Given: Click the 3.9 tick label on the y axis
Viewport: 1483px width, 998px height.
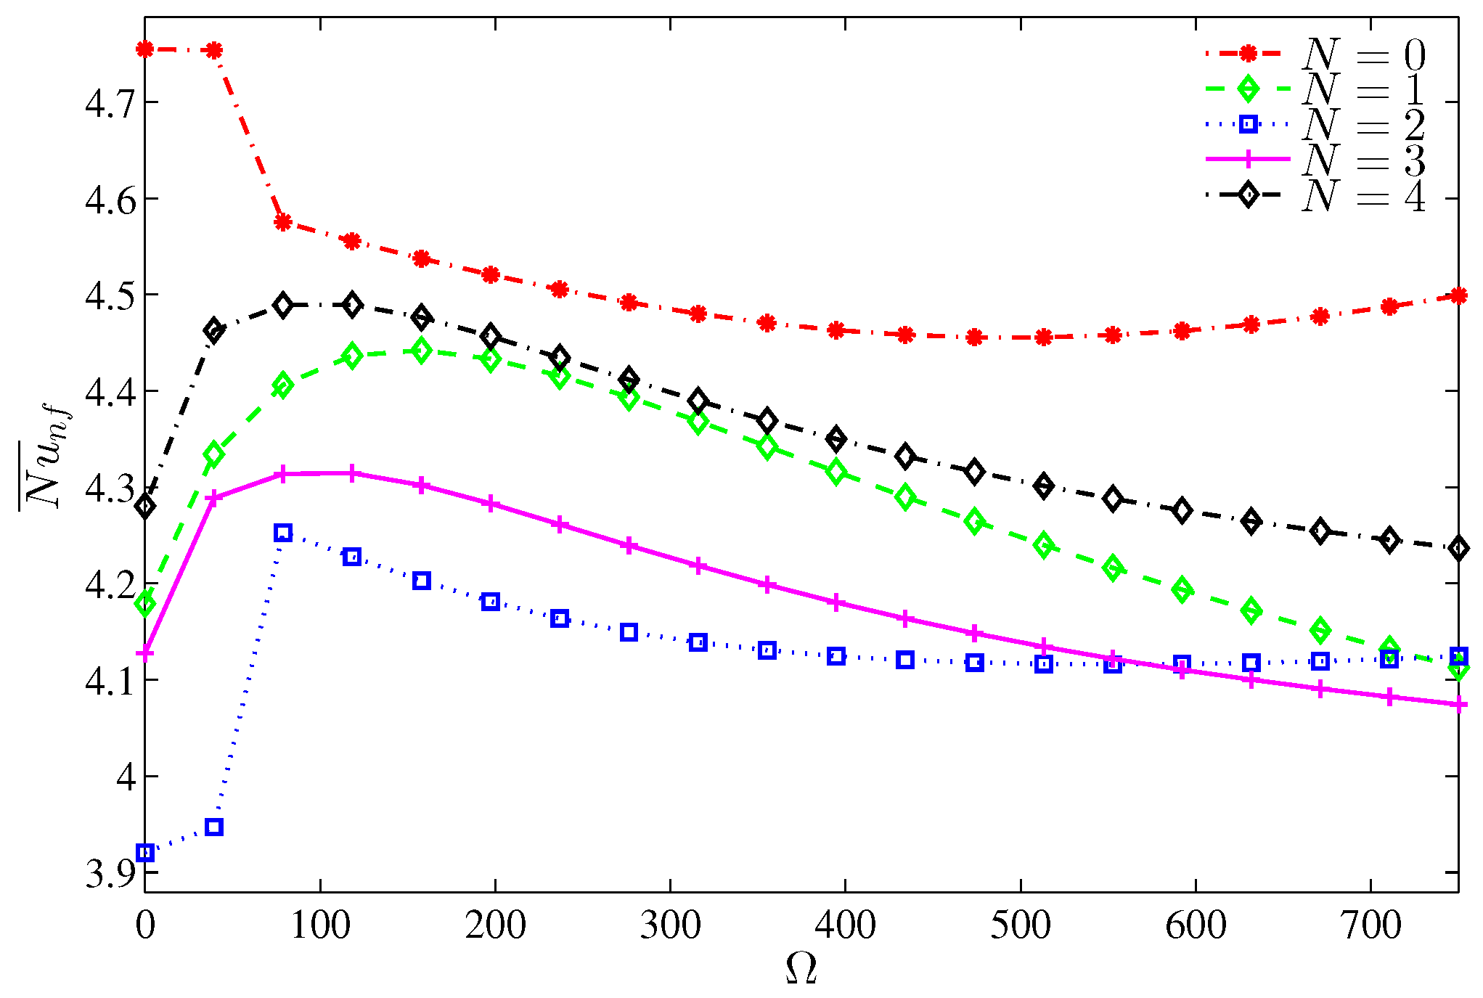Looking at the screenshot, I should click(x=110, y=874).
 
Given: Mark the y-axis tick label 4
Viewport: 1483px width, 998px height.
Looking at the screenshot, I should click(x=126, y=777).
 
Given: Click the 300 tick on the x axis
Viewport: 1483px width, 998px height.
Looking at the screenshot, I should click(x=670, y=925).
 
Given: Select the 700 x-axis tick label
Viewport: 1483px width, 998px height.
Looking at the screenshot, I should click(x=1370, y=925).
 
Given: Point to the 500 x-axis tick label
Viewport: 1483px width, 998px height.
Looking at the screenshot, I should click(x=1021, y=925).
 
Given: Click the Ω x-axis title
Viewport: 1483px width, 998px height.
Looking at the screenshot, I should click(x=801, y=969).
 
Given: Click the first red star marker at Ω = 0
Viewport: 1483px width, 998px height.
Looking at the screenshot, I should click(x=145, y=49).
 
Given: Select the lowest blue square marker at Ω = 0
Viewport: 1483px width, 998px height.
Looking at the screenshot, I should click(x=145, y=852).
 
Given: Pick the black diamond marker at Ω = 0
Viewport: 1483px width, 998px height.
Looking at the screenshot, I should click(x=145, y=506).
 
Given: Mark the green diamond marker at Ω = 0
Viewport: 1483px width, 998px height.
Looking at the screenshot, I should click(x=145, y=602).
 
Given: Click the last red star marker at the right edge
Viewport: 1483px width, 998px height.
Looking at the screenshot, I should click(x=1459, y=295).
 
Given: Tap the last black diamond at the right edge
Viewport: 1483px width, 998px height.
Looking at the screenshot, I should click(x=1459, y=548).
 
